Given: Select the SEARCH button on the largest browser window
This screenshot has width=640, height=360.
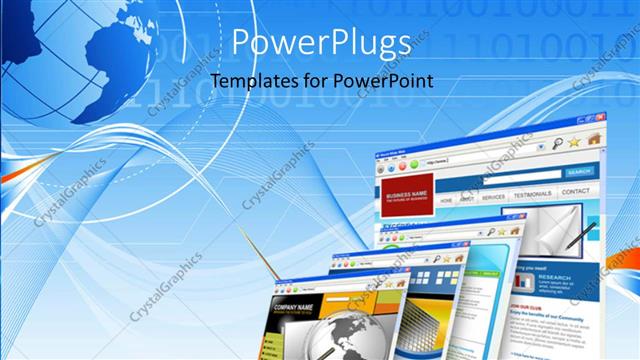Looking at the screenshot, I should point(579,172).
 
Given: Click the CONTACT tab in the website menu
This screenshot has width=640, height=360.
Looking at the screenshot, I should point(576,190).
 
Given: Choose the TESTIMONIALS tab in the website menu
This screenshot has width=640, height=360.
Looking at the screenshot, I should point(532,194).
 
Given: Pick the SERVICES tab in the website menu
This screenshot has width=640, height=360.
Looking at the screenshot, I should point(493,197).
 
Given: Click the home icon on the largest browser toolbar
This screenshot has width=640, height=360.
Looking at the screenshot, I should point(595,139).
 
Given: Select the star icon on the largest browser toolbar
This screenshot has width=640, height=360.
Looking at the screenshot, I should point(574,142).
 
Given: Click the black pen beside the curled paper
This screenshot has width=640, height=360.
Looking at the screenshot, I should point(578,235).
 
